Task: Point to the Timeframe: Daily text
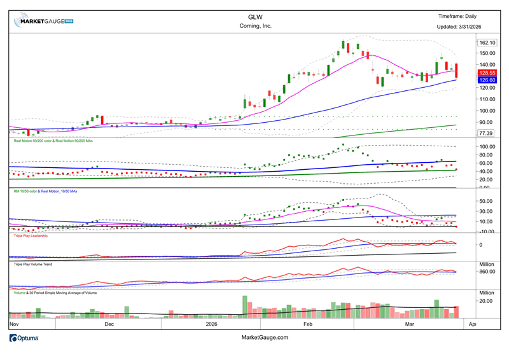tap(457, 16)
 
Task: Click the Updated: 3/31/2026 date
tap(458, 26)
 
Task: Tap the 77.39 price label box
tap(485, 133)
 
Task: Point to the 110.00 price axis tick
tap(487, 99)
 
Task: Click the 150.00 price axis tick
tap(487, 53)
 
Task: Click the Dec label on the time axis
tap(108, 324)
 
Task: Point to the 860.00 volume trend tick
tap(487, 272)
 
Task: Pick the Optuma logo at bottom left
tap(24, 338)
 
